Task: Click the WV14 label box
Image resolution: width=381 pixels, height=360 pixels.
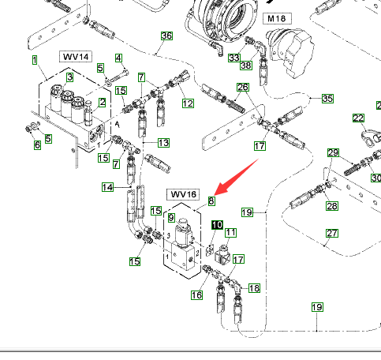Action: tap(76, 57)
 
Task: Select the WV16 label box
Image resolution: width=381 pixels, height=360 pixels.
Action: tap(183, 194)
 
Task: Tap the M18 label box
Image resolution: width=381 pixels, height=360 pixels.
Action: tap(277, 19)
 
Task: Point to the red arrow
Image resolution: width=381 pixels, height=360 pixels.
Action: tap(237, 177)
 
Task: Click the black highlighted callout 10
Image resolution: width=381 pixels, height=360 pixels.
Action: tap(217, 225)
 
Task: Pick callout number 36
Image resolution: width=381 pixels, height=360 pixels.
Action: tap(166, 36)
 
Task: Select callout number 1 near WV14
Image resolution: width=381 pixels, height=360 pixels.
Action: tap(35, 60)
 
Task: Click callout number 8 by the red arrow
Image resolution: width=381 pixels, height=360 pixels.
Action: tap(211, 201)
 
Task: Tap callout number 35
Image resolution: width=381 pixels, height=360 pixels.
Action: tap(327, 99)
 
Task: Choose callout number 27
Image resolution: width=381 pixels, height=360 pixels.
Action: tap(332, 233)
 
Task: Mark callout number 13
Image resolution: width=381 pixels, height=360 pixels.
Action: tap(163, 143)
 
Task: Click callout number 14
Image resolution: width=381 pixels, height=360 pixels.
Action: tap(108, 187)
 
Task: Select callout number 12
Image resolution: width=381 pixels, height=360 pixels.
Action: tap(188, 103)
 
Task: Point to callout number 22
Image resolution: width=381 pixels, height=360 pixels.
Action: tap(358, 118)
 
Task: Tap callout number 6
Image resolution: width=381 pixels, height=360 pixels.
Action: tap(37, 145)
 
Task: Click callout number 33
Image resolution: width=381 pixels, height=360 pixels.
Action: tap(234, 58)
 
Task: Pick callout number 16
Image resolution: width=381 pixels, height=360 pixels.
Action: tap(196, 295)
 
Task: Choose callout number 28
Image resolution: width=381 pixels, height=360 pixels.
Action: tap(332, 206)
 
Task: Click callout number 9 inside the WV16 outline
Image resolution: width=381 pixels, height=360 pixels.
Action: tap(171, 218)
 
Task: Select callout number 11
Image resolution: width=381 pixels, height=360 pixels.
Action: tap(230, 233)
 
